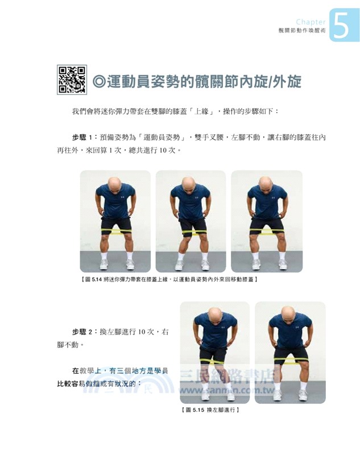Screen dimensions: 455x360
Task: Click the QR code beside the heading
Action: pos(72,80)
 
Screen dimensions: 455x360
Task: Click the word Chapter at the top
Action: pos(311,22)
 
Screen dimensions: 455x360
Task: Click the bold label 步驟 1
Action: pos(82,138)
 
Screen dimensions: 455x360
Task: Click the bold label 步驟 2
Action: pos(82,332)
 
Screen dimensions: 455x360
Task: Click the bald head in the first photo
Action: pos(115,184)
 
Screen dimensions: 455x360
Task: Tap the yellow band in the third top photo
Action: pos(267,231)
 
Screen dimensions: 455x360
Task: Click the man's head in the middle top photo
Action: pos(189,184)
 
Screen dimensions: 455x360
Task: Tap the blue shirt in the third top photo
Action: pos(267,202)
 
